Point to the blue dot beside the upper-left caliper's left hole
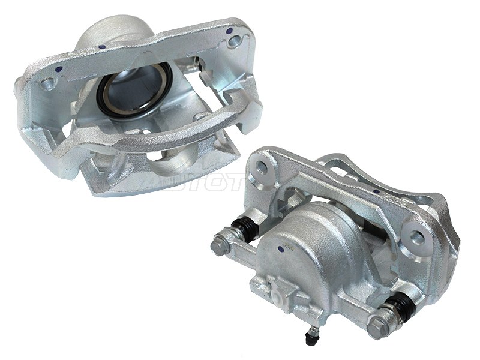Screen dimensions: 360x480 point(58,70)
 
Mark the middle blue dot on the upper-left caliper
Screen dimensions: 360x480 point(104,47)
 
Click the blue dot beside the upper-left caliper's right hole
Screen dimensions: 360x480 point(230,28)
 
